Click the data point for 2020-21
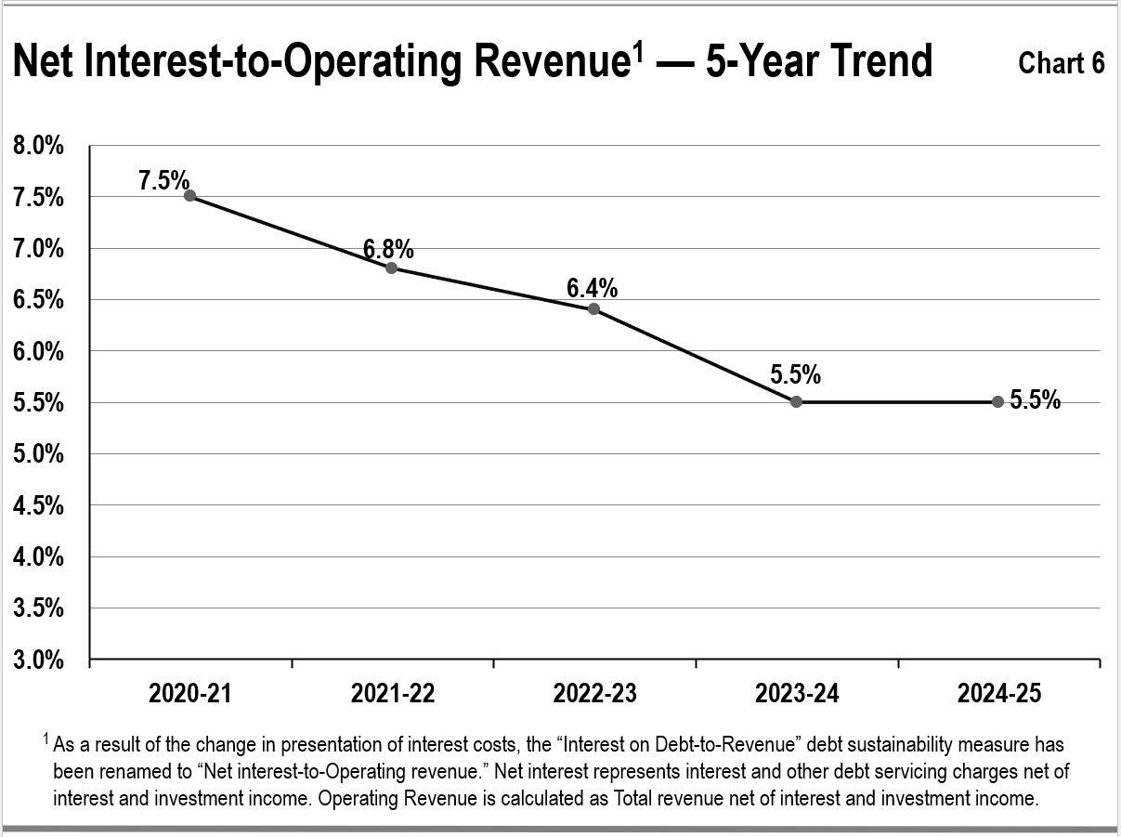click(189, 196)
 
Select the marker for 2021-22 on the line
click(391, 268)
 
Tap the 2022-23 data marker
click(593, 308)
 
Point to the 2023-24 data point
click(796, 401)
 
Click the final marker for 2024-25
click(997, 401)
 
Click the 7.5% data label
click(163, 180)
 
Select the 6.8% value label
click(388, 249)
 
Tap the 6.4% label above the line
click(592, 289)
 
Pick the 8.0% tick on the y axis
click(38, 146)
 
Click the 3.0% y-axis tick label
click(38, 660)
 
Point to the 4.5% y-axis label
click(38, 506)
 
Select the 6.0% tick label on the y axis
click(38, 352)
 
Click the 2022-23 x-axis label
click(594, 694)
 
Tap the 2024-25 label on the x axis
click(999, 694)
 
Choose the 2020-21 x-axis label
click(189, 694)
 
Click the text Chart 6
click(1061, 63)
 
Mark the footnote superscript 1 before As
click(46, 739)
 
